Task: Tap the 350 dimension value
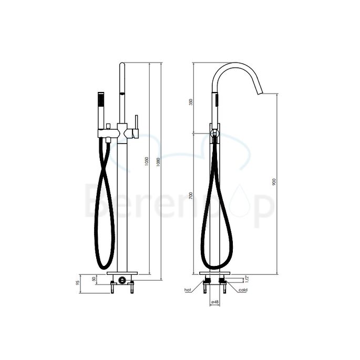coord(191,102)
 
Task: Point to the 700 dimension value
coord(191,197)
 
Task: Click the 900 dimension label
coord(274,181)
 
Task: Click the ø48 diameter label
coord(214,302)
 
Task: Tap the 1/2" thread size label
coord(246,282)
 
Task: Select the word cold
coord(243,290)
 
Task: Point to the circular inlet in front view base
coord(122,280)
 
